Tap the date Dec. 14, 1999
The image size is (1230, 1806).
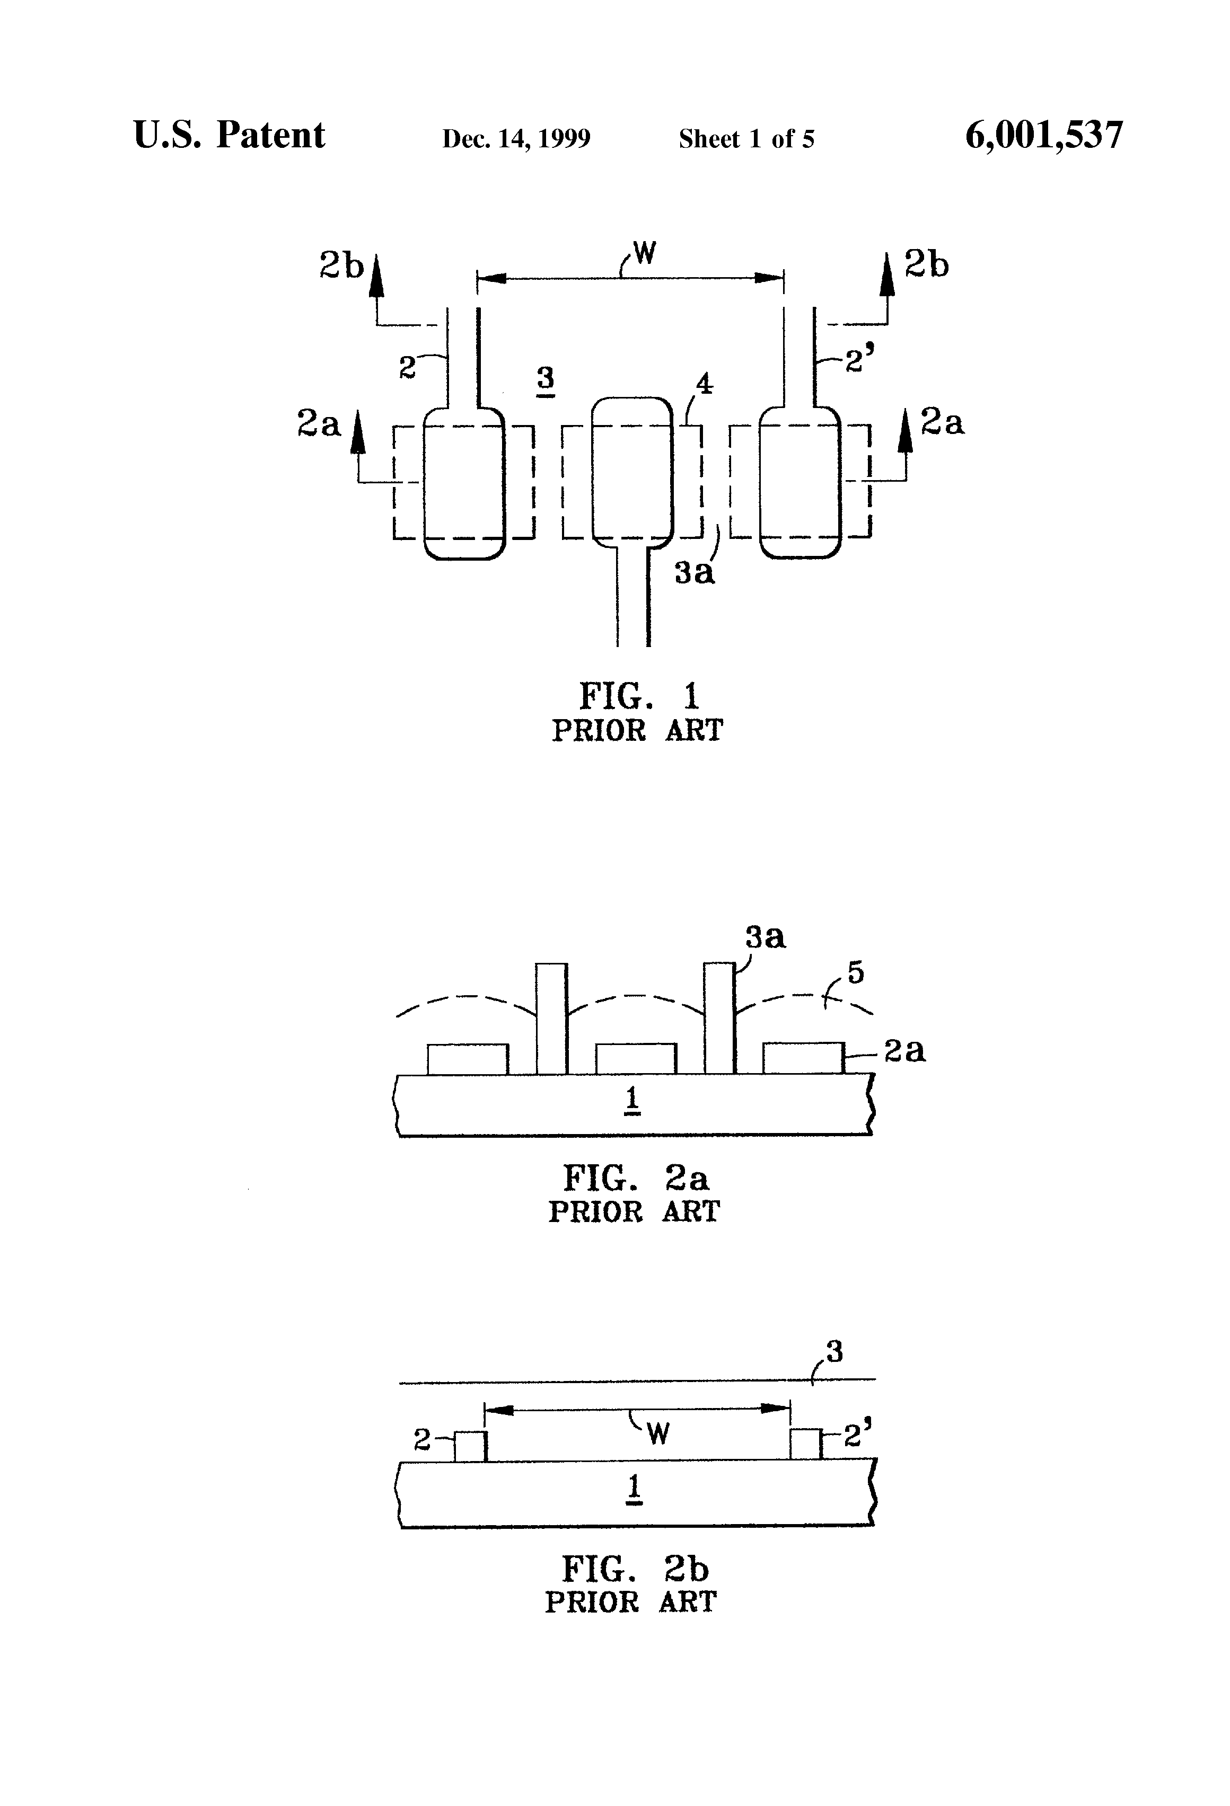516,139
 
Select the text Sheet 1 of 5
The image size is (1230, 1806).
746,139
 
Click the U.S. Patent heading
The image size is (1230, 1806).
230,135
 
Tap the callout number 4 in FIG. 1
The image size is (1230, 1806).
705,383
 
